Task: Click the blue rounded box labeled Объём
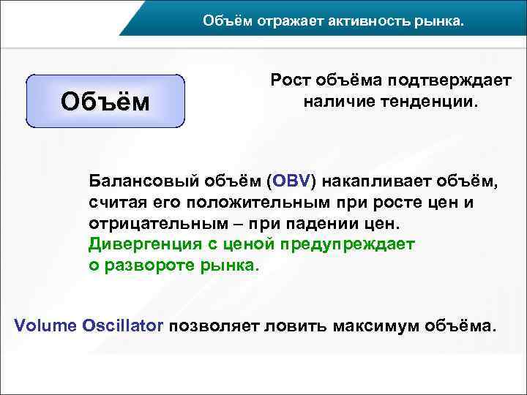pos(105,101)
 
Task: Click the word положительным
pos(250,201)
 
